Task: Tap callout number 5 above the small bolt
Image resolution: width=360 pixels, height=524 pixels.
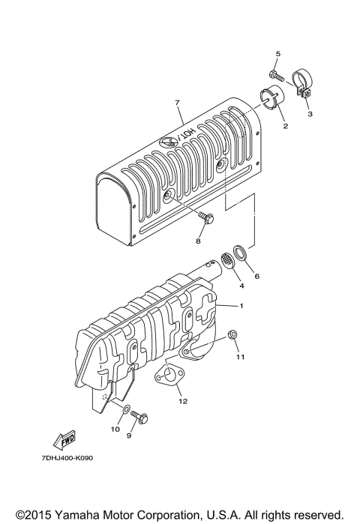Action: coord(277,54)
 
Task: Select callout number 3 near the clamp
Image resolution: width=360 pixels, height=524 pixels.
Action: coord(310,115)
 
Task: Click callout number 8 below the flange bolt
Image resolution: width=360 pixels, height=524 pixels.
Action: coord(199,241)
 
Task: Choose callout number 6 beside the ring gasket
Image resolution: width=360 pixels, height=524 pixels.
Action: coord(257,276)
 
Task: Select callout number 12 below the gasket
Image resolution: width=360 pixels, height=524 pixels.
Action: coord(181,401)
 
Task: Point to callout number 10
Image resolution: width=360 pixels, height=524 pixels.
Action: coord(116,429)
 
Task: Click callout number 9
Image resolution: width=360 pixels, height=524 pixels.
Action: coord(129,435)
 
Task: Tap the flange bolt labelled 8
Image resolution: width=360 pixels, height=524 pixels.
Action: coord(207,218)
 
